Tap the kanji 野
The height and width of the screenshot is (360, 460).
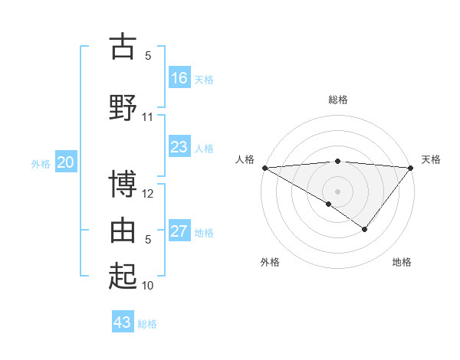(123, 106)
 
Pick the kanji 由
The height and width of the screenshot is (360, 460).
(123, 229)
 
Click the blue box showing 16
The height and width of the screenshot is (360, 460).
(179, 78)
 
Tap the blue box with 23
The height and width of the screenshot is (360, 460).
(179, 147)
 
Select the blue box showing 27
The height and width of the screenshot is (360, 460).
(179, 231)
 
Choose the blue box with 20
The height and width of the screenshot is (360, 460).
(66, 162)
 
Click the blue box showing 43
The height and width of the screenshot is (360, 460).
(122, 322)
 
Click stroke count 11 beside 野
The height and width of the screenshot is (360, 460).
(148, 117)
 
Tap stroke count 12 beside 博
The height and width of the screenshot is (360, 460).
(148, 194)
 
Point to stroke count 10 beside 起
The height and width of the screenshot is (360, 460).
(148, 286)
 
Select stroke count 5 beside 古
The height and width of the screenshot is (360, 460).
(148, 56)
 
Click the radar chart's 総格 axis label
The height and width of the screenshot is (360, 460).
(337, 100)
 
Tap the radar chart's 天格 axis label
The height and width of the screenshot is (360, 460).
(431, 159)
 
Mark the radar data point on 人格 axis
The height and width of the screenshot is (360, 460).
(264, 167)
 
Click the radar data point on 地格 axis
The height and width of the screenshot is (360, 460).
(365, 229)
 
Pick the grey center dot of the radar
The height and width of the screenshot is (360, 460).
(337, 191)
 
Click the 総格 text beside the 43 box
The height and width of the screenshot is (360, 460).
(147, 324)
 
